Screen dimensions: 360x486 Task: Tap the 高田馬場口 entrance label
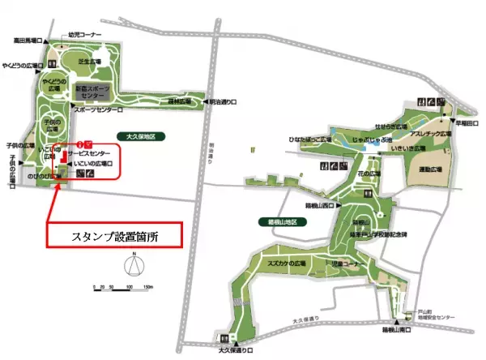click(28, 39)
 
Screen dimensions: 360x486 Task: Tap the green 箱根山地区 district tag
click(294, 221)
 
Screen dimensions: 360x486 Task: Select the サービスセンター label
click(90, 152)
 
